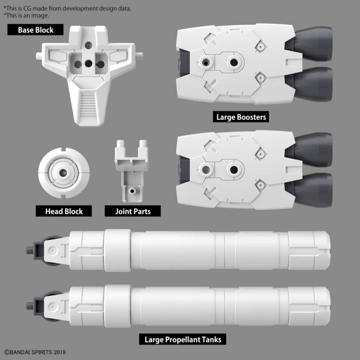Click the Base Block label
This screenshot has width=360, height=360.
[x=35, y=30]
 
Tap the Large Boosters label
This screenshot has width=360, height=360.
[x=241, y=117]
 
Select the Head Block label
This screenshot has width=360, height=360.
[x=64, y=211]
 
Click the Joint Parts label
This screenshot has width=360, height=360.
[x=132, y=211]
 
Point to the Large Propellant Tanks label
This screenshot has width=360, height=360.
[x=183, y=339]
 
